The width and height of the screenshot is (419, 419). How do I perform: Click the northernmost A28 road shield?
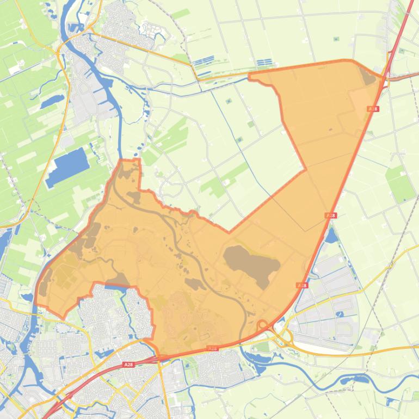[x=373, y=109]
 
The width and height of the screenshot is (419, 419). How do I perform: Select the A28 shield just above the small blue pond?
[x=330, y=216]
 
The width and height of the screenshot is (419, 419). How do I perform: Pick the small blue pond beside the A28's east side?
[x=331, y=235]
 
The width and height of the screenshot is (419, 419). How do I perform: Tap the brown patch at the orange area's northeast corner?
[x=368, y=76]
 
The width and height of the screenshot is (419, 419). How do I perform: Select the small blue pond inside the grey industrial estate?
[x=340, y=314]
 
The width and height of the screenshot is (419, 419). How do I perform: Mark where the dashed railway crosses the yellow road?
[x=390, y=265]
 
